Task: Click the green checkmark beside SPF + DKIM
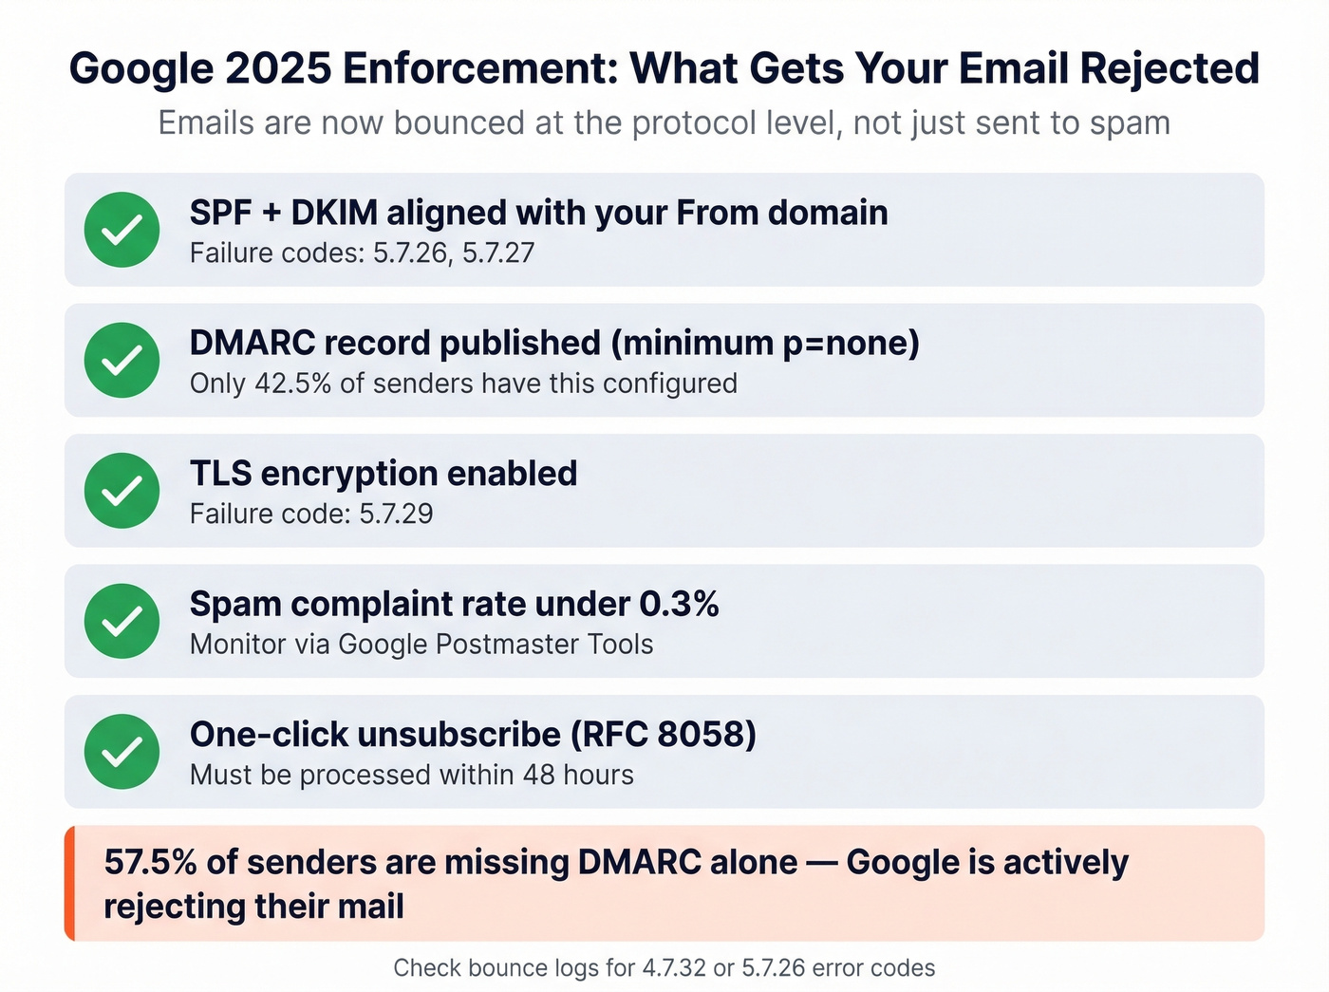pyautogui.click(x=122, y=230)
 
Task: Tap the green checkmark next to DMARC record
pyautogui.click(x=122, y=361)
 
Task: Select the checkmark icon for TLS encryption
pyautogui.click(x=122, y=491)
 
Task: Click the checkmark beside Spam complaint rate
pyautogui.click(x=122, y=621)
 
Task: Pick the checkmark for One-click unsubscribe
pyautogui.click(x=122, y=752)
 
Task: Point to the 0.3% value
pyautogui.click(x=679, y=605)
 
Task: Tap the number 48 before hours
pyautogui.click(x=538, y=776)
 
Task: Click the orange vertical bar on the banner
pyautogui.click(x=69, y=884)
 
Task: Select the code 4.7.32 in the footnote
pyautogui.click(x=674, y=968)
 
